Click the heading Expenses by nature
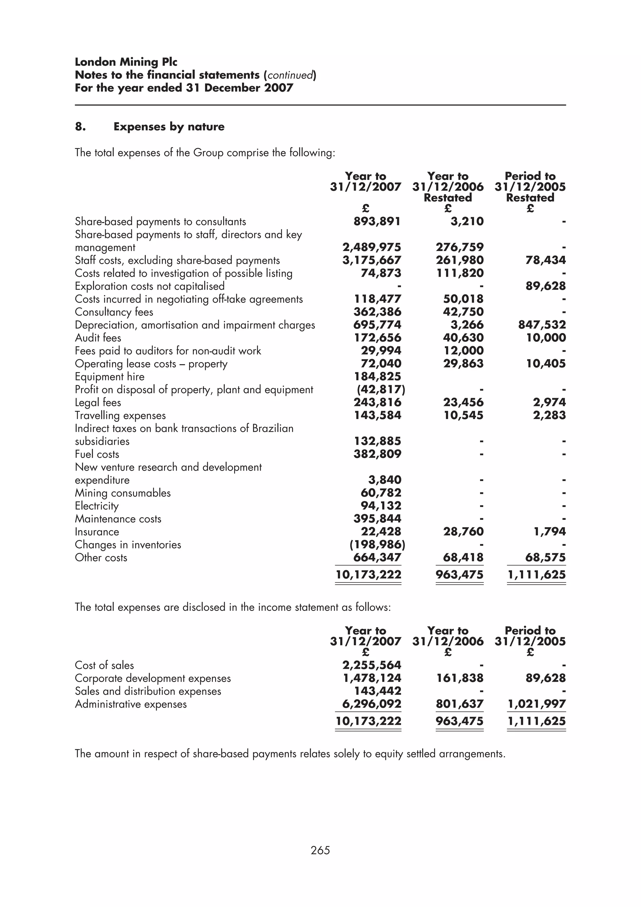tap(169, 127)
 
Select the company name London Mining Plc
tap(126, 62)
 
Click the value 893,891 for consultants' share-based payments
tap(377, 222)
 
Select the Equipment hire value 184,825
tap(377, 377)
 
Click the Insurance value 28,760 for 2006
tap(463, 531)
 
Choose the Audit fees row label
tap(98, 338)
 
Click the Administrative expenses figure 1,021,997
tap(536, 704)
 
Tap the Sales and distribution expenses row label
tap(148, 691)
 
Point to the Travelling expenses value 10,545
tap(463, 415)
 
